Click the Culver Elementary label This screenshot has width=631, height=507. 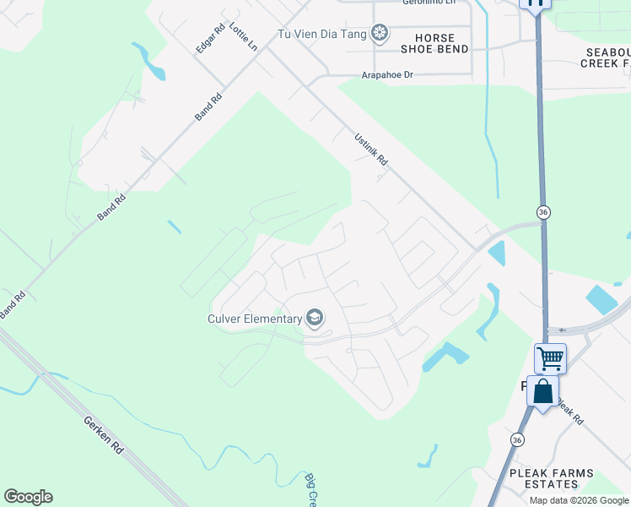(255, 319)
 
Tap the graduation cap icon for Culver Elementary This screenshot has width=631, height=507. (315, 318)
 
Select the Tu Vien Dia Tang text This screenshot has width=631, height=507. (324, 34)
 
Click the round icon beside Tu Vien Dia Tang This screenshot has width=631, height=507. (381, 33)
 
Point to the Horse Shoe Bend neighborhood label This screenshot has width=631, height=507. (434, 44)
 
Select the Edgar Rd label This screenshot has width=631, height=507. (210, 39)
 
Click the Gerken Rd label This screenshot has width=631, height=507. (104, 434)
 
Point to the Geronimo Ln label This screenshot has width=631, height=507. (429, 3)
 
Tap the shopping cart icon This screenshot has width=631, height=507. (550, 358)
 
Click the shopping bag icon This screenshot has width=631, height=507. (542, 391)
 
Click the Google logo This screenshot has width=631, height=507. (28, 497)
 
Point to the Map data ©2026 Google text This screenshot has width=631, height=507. (580, 500)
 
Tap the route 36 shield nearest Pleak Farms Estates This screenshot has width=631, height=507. (517, 439)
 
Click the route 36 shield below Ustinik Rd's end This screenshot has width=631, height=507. (544, 211)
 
